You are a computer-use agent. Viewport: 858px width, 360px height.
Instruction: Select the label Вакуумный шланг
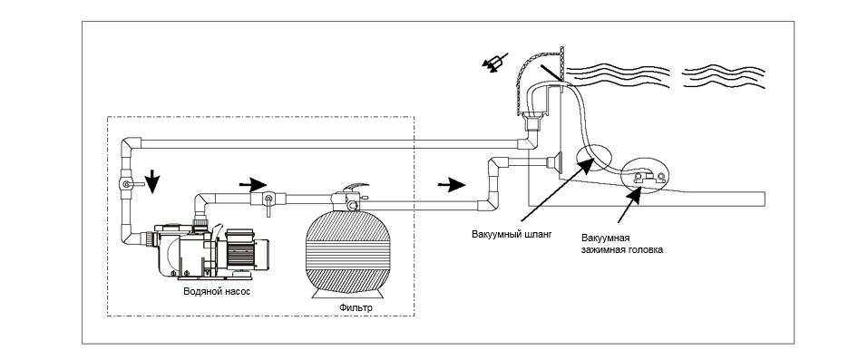[x=512, y=234]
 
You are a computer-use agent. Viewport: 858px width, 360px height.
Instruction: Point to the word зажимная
[x=601, y=249]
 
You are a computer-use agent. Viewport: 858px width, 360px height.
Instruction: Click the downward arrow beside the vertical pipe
[x=152, y=181]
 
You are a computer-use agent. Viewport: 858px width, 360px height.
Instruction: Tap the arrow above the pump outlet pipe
[x=253, y=184]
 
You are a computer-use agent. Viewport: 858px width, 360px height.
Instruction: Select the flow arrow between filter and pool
[x=452, y=184]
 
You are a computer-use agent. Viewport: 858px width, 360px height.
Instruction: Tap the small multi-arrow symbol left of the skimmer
[x=494, y=62]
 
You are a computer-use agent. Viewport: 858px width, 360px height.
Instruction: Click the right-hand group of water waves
[x=724, y=77]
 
